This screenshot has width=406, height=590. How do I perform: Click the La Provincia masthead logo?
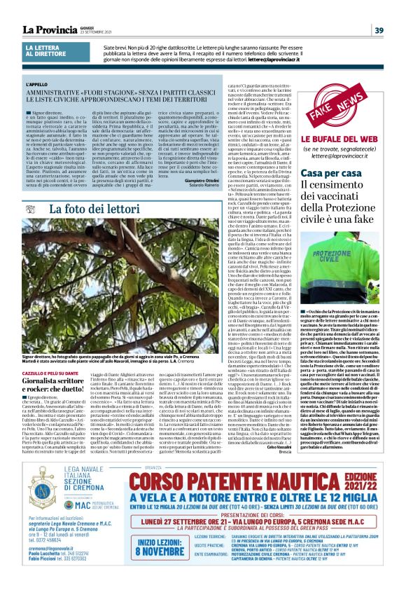tap(51, 29)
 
